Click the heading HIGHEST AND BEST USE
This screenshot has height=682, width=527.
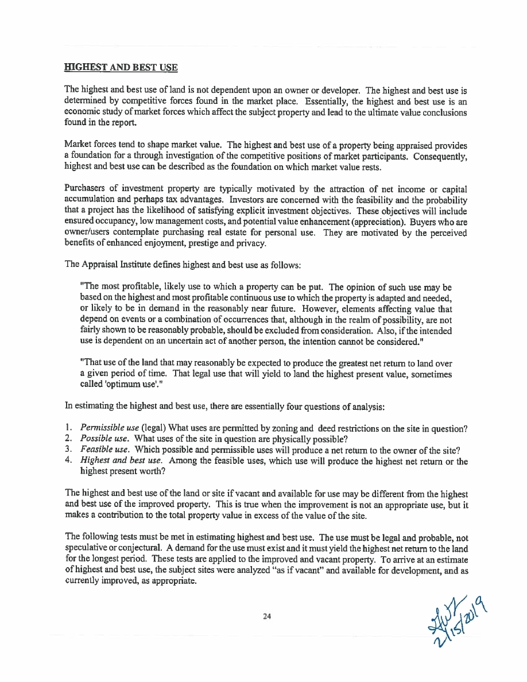click(121, 68)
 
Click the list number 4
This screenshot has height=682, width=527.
click(68, 461)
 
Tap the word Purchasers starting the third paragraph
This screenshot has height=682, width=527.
click(86, 189)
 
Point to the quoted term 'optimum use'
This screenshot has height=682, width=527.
click(119, 384)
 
